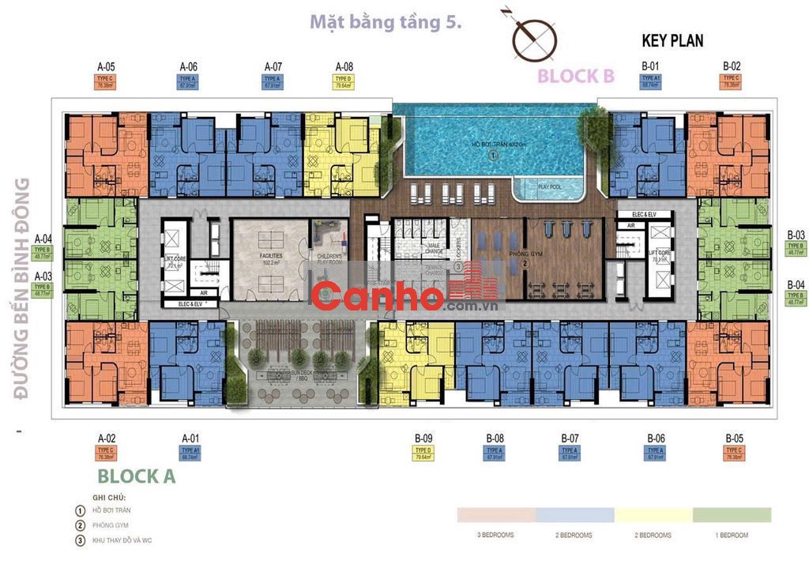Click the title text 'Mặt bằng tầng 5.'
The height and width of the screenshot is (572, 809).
pyautogui.click(x=385, y=22)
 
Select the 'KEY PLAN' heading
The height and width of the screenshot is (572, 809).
pyautogui.click(x=672, y=40)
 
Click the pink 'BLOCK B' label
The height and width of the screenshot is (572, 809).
pyautogui.click(x=575, y=76)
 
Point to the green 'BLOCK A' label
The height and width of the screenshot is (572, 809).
pyautogui.click(x=136, y=476)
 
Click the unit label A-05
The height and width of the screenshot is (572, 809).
pyautogui.click(x=106, y=66)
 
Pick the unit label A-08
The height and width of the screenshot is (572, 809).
pyautogui.click(x=344, y=66)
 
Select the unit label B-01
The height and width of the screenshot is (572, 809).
pyautogui.click(x=650, y=66)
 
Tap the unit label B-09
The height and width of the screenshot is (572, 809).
pyautogui.click(x=423, y=438)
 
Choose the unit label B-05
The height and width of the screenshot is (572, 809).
pyautogui.click(x=733, y=438)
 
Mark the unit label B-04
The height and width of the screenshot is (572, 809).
pyautogui.click(x=796, y=284)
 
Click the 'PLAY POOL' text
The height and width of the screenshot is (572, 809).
pyautogui.click(x=550, y=186)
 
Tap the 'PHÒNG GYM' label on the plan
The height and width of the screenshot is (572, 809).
pyautogui.click(x=502, y=254)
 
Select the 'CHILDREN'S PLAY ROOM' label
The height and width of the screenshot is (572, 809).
pyautogui.click(x=329, y=262)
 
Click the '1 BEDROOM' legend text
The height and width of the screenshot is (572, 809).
pyautogui.click(x=731, y=535)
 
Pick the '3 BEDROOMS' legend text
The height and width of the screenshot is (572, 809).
pyautogui.click(x=496, y=535)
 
